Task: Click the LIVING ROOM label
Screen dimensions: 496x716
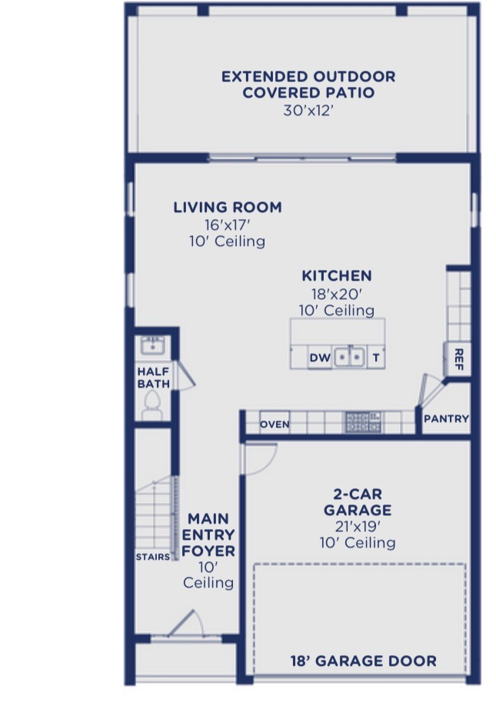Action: point(228,208)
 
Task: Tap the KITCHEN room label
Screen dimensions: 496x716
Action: point(337,276)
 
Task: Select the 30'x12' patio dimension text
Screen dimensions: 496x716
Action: point(308,111)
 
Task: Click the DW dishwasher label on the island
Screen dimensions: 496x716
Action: point(320,358)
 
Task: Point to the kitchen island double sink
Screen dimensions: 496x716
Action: point(349,357)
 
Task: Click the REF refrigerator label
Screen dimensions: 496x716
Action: point(459,359)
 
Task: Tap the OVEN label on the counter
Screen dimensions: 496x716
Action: point(275,425)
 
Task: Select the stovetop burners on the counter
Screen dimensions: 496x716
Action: point(363,422)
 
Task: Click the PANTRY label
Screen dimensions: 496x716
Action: point(446,418)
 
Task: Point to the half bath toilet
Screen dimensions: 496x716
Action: point(152,406)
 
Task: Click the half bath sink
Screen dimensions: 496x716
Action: point(153,345)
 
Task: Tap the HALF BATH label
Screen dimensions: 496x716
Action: point(154,378)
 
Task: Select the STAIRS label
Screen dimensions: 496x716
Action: point(152,557)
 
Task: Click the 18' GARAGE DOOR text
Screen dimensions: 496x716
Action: point(364,661)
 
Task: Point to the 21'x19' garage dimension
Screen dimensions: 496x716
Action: point(358,527)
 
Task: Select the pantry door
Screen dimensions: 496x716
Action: point(431,390)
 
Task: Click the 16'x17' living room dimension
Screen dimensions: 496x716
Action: point(228,225)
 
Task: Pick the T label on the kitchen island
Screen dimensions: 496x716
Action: point(376,358)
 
